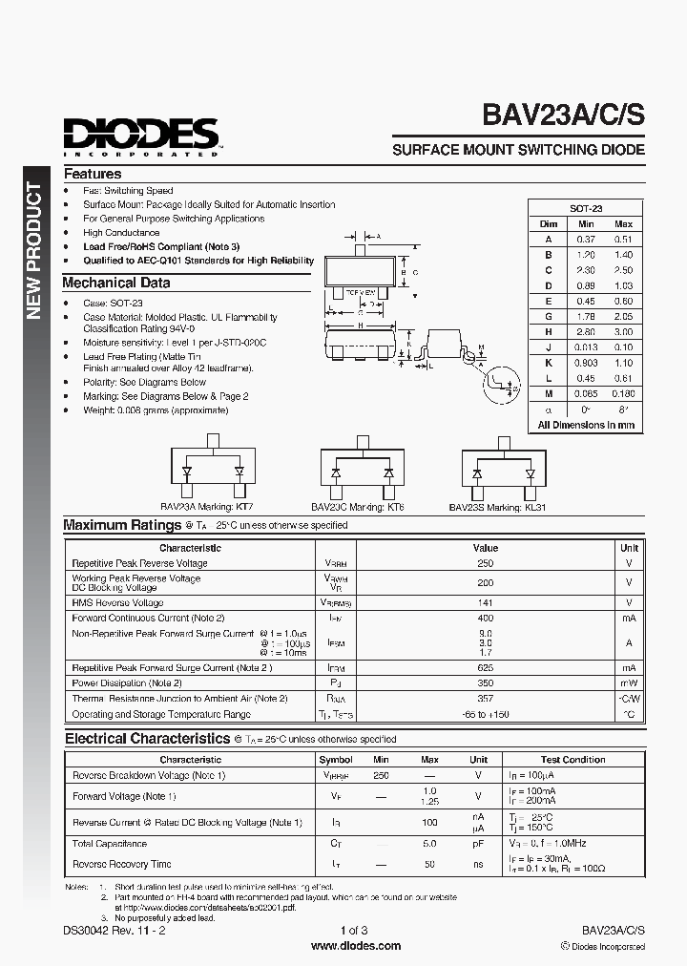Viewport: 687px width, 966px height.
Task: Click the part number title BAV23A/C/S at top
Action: pyautogui.click(x=563, y=115)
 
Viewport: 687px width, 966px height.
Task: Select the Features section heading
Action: pyautogui.click(x=93, y=175)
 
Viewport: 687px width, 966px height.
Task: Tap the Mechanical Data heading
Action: pyautogui.click(x=116, y=283)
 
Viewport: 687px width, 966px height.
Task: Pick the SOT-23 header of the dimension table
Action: pyautogui.click(x=585, y=208)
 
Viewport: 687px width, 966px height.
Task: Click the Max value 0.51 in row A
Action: pyautogui.click(x=622, y=240)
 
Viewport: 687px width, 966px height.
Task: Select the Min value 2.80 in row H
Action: pyautogui.click(x=585, y=331)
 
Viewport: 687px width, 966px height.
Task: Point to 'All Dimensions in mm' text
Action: pyautogui.click(x=585, y=424)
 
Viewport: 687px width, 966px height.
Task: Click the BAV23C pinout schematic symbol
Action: pyautogui.click(x=361, y=471)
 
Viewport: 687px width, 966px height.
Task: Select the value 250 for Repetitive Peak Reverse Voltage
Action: pyautogui.click(x=485, y=563)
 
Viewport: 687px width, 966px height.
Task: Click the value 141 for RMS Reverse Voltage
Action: pyautogui.click(x=485, y=602)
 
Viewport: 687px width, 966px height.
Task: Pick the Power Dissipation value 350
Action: pyautogui.click(x=485, y=683)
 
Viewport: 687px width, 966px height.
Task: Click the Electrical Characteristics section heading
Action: pyautogui.click(x=147, y=739)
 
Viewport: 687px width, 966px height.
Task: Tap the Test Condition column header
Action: pyautogui.click(x=572, y=760)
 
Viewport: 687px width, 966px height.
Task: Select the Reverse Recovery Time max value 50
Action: pyautogui.click(x=429, y=864)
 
